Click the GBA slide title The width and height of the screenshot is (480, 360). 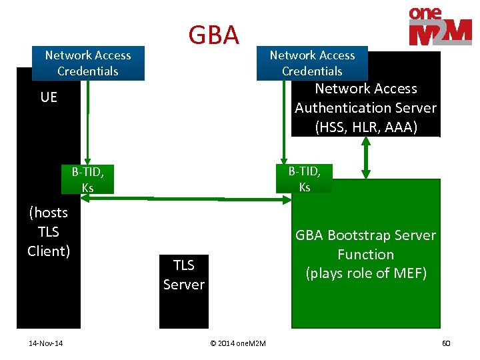coord(213,35)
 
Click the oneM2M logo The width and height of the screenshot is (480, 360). coord(439,26)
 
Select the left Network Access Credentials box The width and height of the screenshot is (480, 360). coord(88,63)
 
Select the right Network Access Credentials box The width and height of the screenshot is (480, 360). coord(312,63)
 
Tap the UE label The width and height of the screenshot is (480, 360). coord(49,97)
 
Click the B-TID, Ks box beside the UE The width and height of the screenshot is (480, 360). coord(87,179)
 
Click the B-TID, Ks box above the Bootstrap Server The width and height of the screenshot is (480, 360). coord(304,179)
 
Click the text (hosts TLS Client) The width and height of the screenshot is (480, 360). coord(49,232)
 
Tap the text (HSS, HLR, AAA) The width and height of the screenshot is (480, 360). coord(365,127)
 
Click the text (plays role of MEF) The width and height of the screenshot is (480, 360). coord(365,273)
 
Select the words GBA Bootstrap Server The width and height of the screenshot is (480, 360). coord(365,235)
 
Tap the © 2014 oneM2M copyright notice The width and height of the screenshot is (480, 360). coord(238,343)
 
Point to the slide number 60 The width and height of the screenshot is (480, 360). coord(446,343)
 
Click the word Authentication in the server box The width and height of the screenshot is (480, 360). coord(365,108)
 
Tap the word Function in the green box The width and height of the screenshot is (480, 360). coord(365,255)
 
